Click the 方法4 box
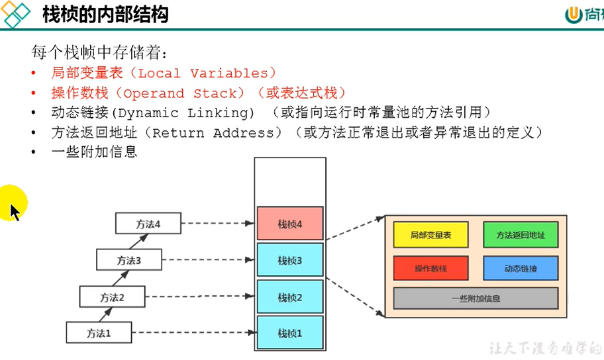(x=148, y=224)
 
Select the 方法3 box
(x=129, y=260)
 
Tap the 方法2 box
(x=112, y=297)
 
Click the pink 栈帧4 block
(x=290, y=224)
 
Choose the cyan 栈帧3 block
(x=290, y=261)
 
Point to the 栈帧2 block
(x=290, y=298)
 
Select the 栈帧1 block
(x=290, y=334)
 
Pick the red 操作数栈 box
(x=431, y=268)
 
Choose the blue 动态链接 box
(x=521, y=268)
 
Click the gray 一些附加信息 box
(x=476, y=298)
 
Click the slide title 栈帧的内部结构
(x=105, y=14)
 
